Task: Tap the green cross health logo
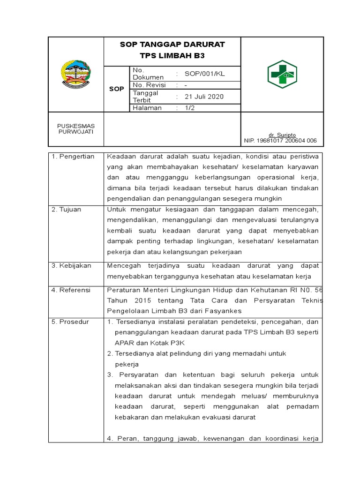click(282, 74)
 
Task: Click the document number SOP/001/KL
click(205, 74)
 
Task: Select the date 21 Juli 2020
click(204, 97)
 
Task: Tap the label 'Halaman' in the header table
click(147, 108)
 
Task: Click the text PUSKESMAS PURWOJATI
click(75, 129)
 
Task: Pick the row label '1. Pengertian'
click(73, 157)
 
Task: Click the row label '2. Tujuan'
click(67, 210)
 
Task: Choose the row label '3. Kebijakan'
click(71, 265)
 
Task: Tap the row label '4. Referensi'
click(71, 290)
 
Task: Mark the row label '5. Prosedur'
click(70, 322)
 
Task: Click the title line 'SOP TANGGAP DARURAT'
click(172, 45)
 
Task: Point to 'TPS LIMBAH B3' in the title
click(172, 55)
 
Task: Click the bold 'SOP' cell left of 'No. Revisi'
click(116, 89)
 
